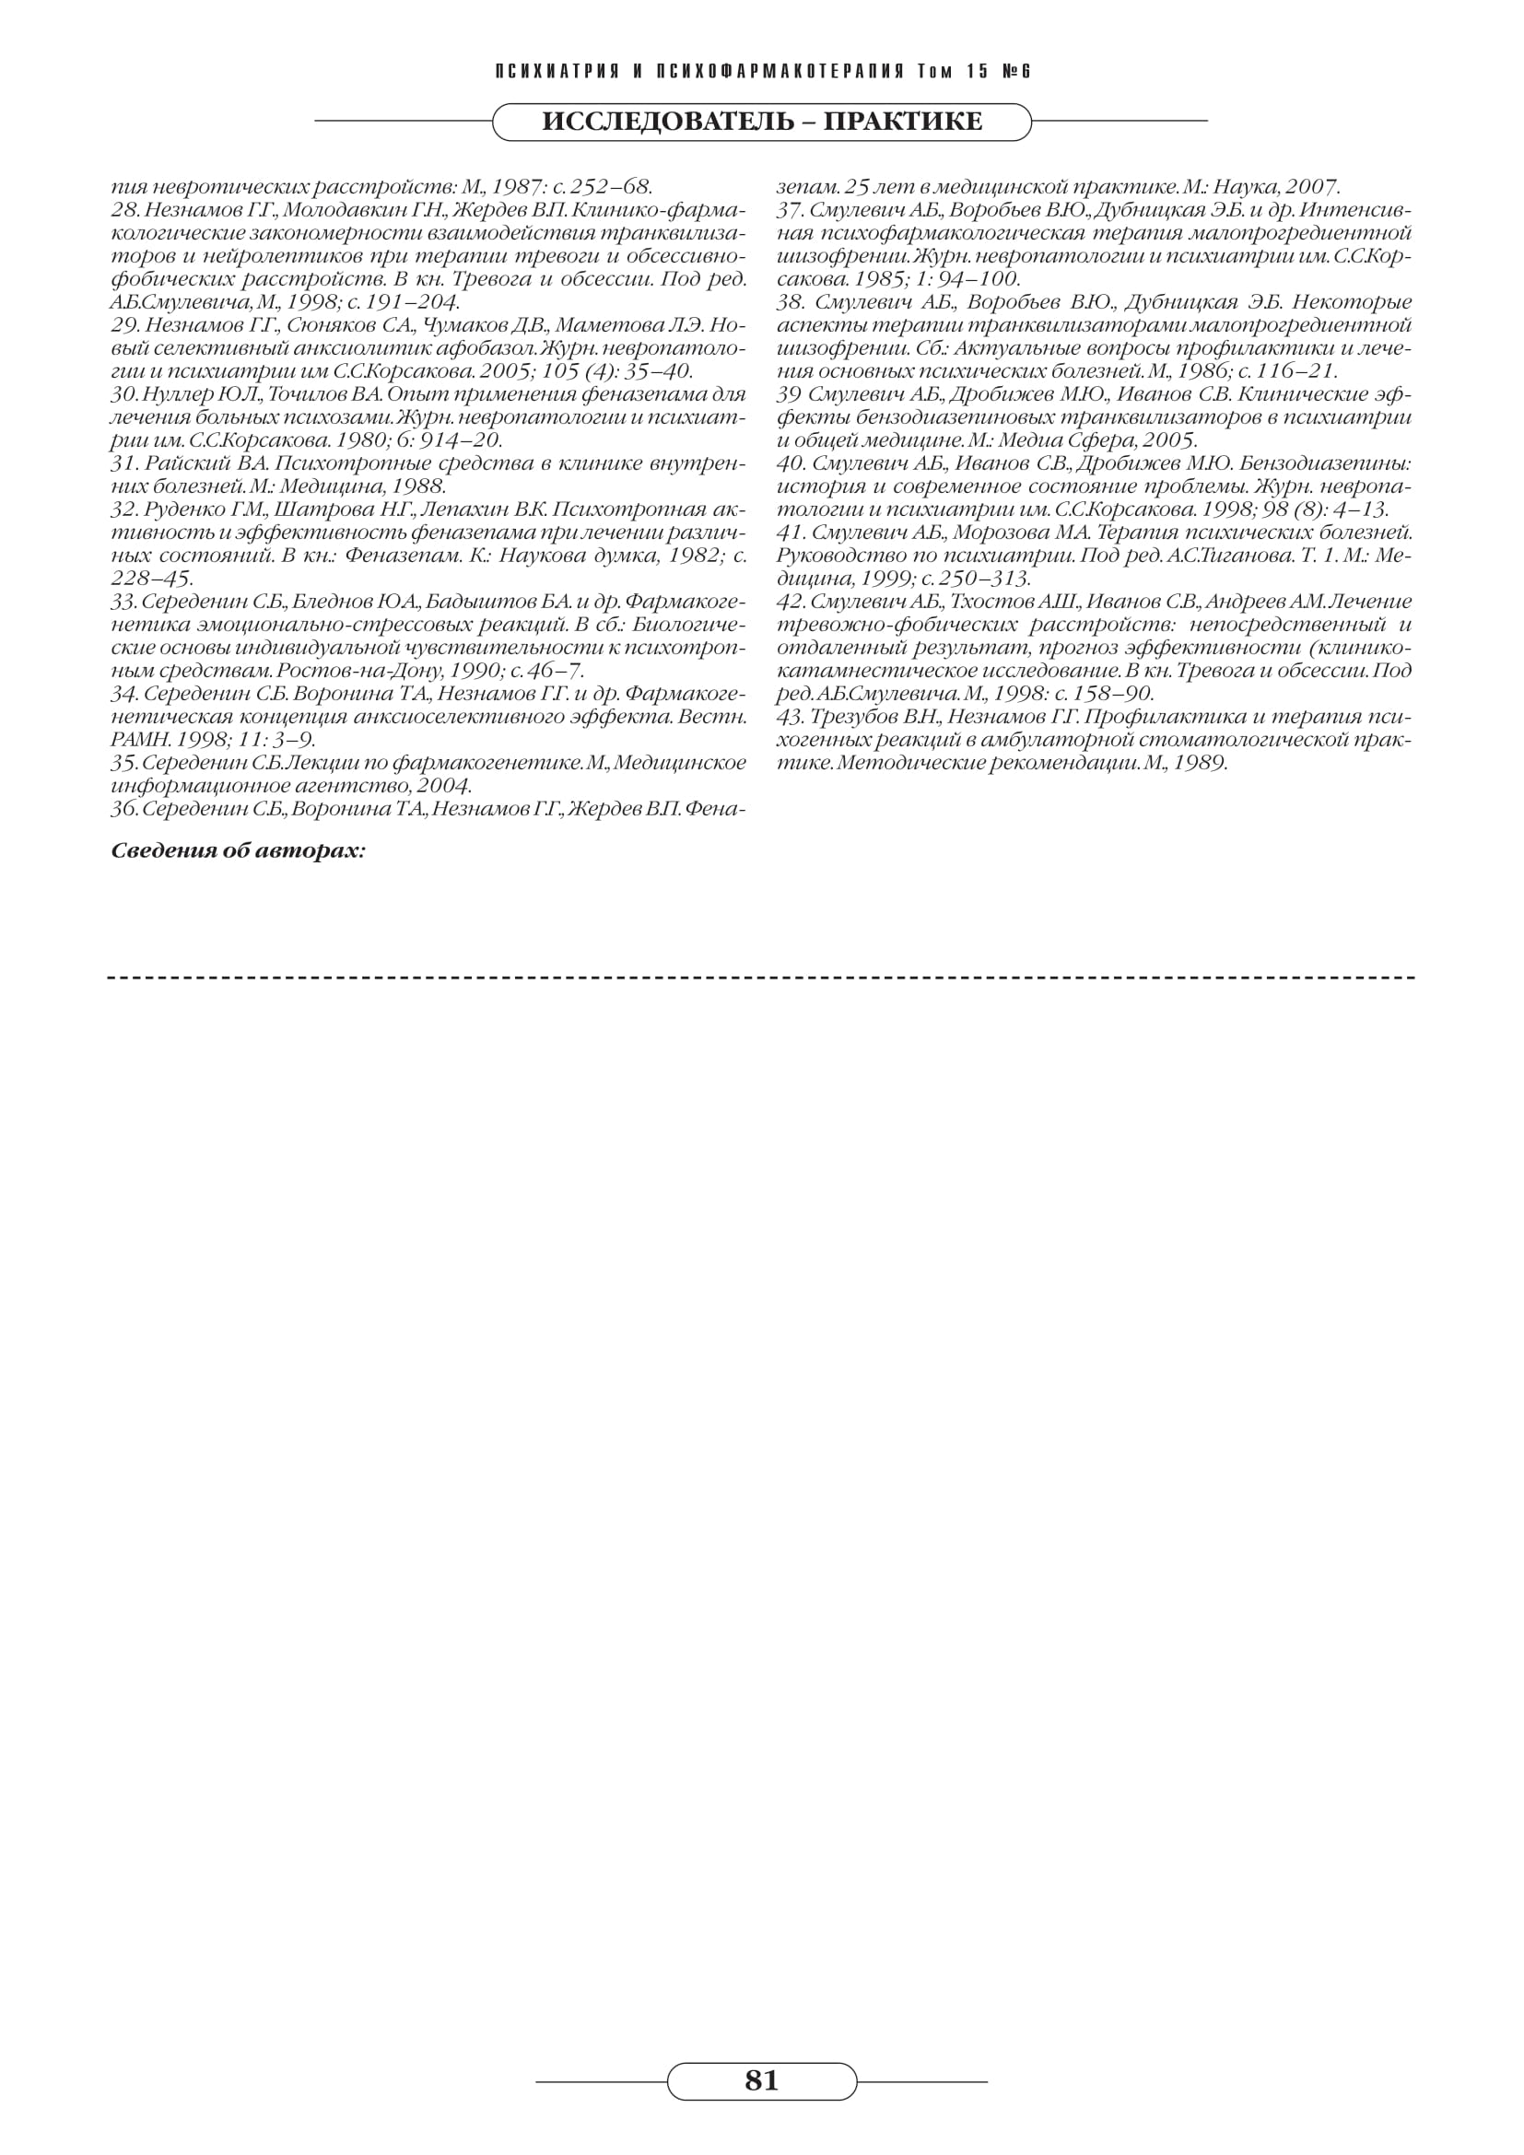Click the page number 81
tap(761, 2080)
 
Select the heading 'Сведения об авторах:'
tap(239, 851)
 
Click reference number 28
tap(124, 209)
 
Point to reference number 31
tap(124, 463)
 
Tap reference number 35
tap(124, 763)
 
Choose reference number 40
tap(791, 463)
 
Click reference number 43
tap(791, 717)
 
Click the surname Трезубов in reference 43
tap(855, 717)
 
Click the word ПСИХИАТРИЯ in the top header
tap(557, 72)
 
